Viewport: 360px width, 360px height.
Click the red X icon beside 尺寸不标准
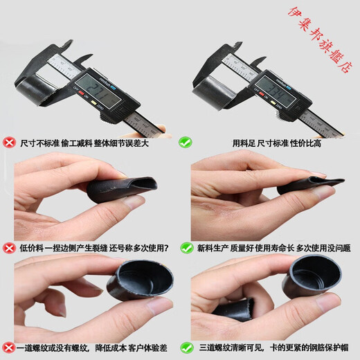[10, 143]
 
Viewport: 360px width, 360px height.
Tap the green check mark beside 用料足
[186, 143]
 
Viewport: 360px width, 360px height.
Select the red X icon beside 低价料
[10, 247]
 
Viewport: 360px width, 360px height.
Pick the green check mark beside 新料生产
[187, 247]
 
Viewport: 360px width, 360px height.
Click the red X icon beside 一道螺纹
[8, 347]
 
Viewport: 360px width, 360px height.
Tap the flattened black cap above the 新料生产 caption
[308, 184]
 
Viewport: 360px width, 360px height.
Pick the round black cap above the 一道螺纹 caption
[144, 278]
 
